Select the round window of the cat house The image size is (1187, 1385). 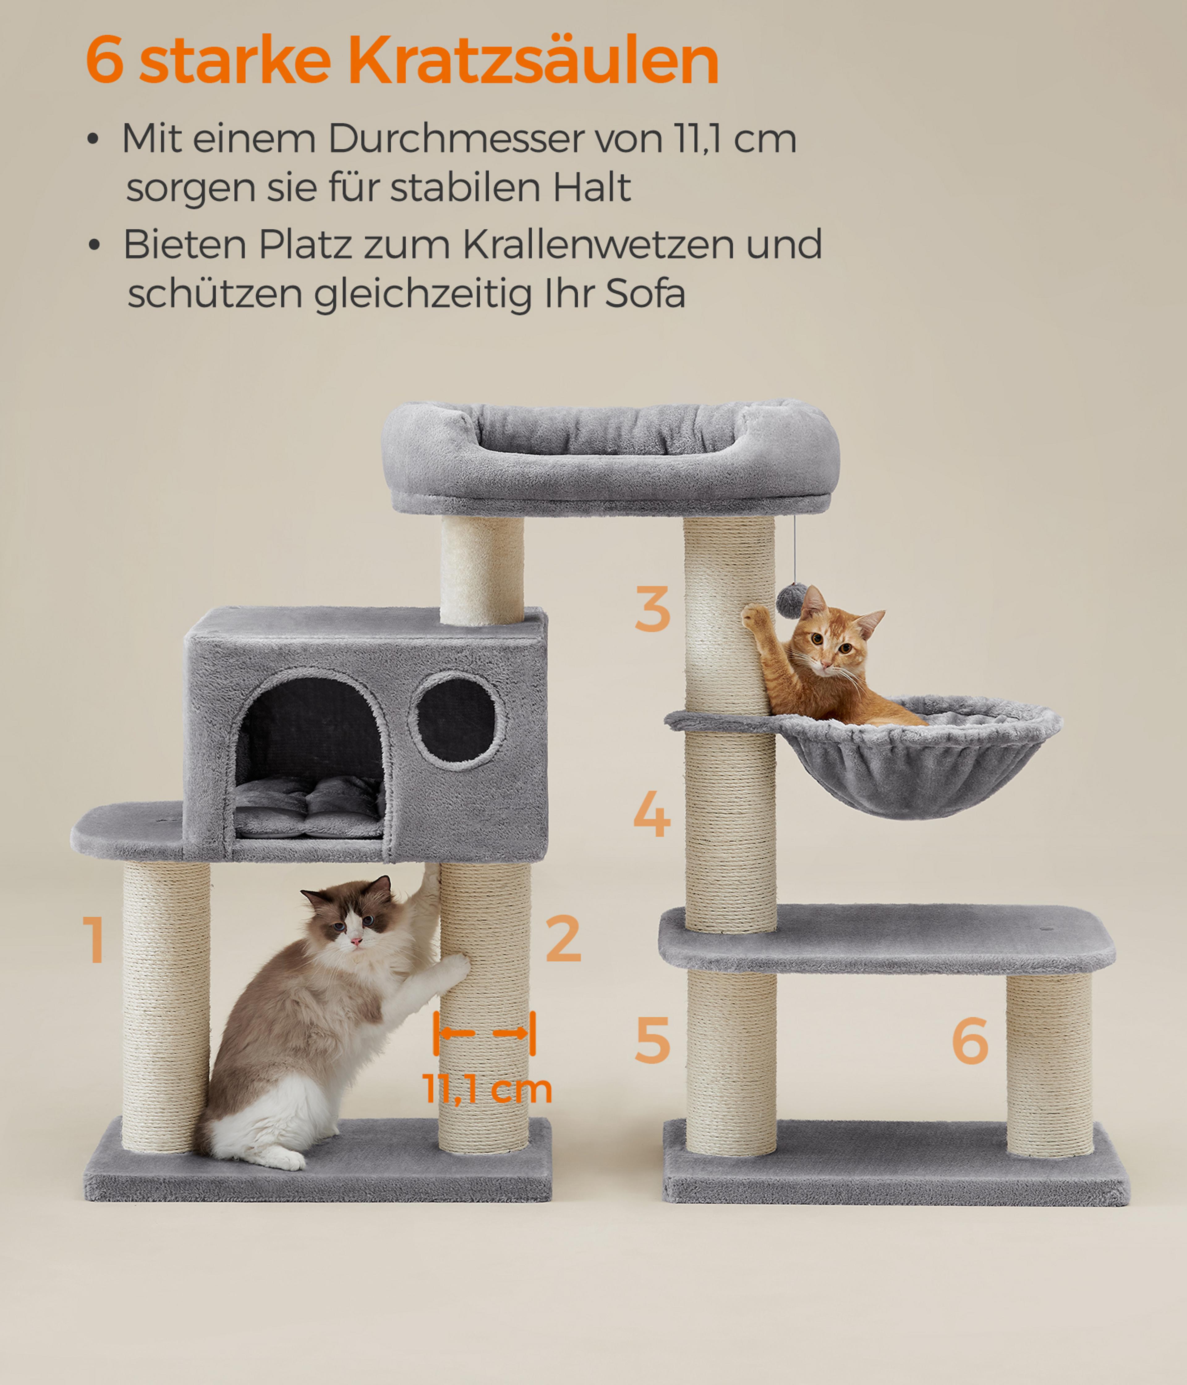[x=457, y=721]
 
